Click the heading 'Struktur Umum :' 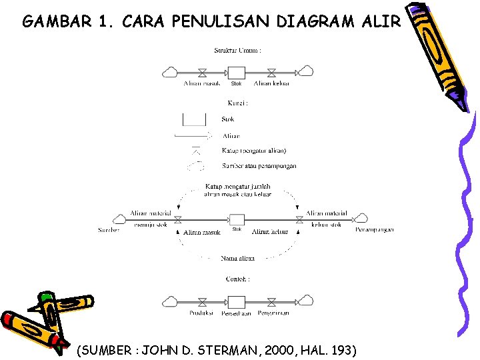(237, 50)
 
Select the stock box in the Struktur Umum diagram (237, 71)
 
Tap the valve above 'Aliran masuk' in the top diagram (202, 72)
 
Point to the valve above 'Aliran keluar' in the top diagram (271, 72)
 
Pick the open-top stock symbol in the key (195, 119)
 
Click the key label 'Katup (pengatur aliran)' (254, 151)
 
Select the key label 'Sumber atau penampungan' (259, 166)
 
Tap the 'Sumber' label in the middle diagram (109, 230)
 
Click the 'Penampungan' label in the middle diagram (375, 229)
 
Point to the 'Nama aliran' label (237, 257)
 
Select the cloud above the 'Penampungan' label (361, 218)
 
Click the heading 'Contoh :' (237, 279)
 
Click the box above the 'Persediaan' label (237, 301)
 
